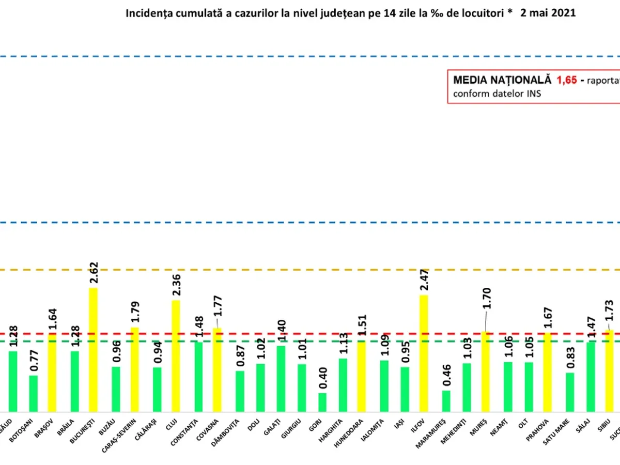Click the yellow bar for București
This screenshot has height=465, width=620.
click(94, 349)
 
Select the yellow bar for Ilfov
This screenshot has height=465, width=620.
click(424, 352)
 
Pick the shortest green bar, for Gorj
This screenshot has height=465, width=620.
click(322, 401)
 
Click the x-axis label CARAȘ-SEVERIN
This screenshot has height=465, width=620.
click(129, 439)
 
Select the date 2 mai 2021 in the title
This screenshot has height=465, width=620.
click(548, 13)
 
